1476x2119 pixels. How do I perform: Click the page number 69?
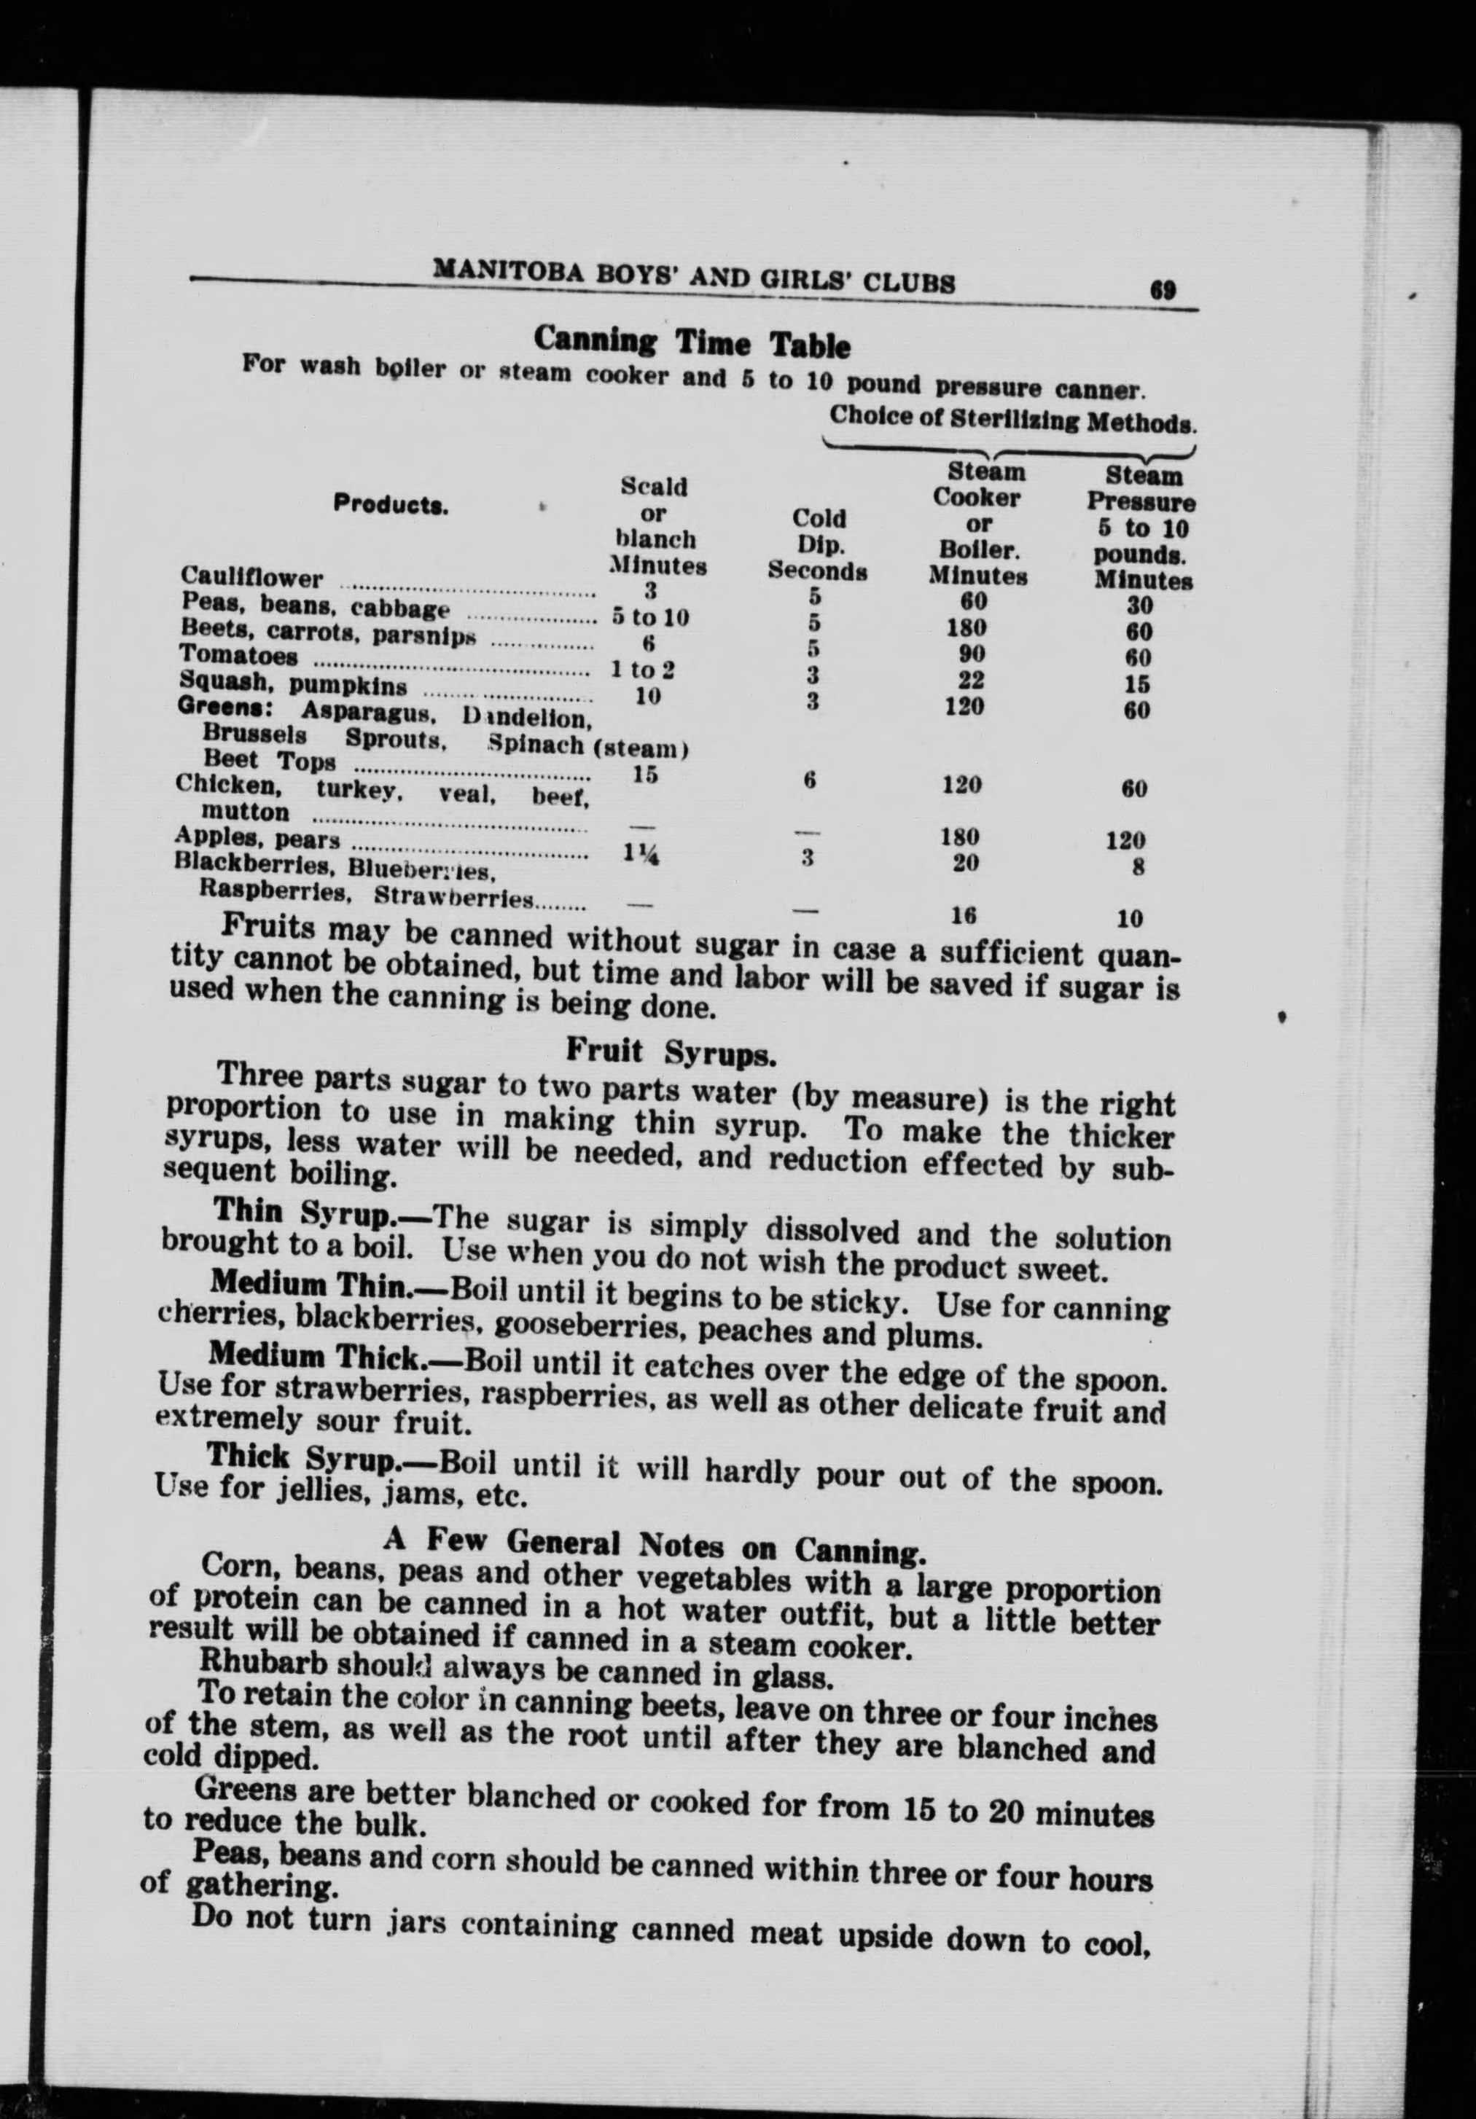tap(1162, 290)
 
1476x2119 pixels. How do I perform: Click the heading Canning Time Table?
tap(692, 342)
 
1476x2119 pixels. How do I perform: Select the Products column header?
tap(391, 505)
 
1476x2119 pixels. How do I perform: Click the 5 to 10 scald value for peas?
tap(650, 616)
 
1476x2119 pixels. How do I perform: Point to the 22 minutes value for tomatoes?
tap(970, 679)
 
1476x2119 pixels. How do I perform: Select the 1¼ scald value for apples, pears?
tap(641, 855)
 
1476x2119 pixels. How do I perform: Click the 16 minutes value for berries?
tap(963, 914)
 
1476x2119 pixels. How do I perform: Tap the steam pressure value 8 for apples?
tap(1137, 866)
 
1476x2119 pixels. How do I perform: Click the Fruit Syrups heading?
tap(669, 1051)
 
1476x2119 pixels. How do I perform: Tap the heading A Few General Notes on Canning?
tap(654, 1544)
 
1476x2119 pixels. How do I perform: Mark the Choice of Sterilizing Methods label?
tap(1012, 420)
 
